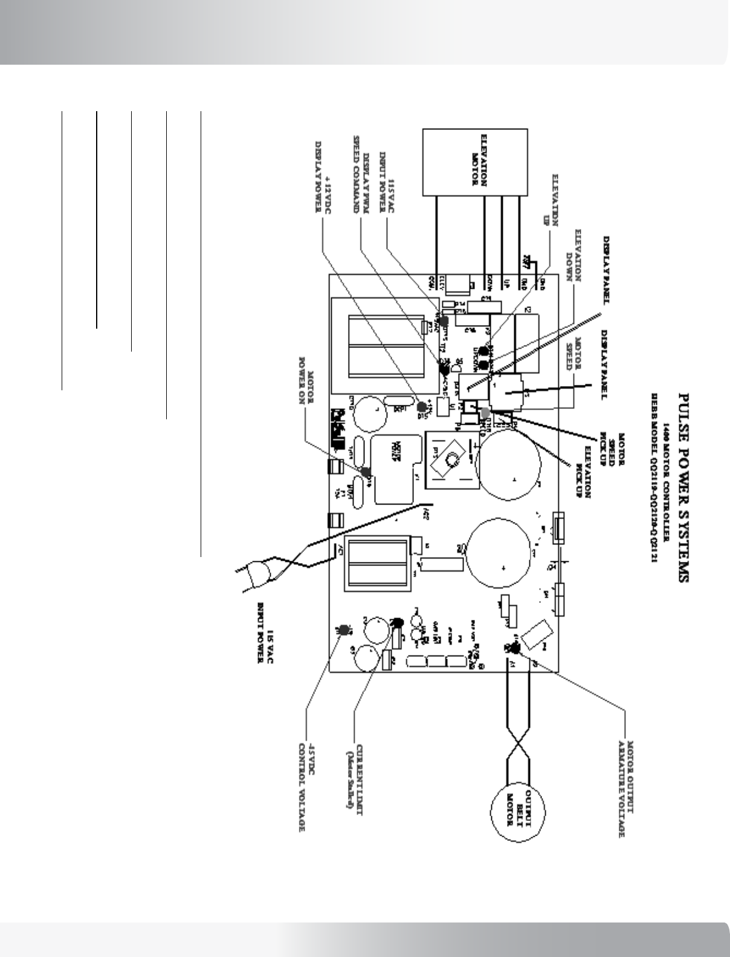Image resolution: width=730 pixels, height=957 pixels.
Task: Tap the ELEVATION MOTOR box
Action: point(474,162)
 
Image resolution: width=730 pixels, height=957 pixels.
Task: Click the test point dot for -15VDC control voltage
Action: point(344,630)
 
